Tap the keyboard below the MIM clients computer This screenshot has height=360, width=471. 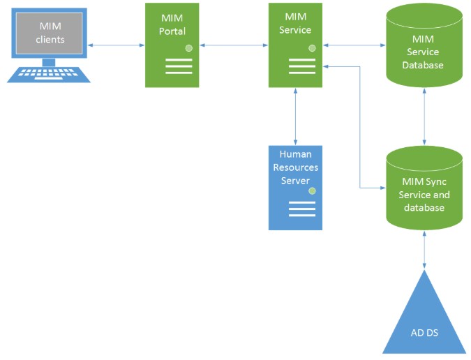49,74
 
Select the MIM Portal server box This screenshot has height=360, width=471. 172,45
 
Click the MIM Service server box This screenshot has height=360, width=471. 297,45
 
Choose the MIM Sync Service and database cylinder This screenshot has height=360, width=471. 424,189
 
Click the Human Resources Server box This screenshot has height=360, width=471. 296,187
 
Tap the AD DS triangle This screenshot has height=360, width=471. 424,317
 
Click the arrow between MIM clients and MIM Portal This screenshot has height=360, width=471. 117,47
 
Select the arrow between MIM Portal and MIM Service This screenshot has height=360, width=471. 234,47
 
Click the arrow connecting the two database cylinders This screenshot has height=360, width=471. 424,117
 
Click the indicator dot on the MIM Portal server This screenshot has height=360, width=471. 188,48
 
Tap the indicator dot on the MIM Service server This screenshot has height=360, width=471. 312,48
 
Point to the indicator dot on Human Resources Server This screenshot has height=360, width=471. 312,190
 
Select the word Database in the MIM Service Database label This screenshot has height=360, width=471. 424,66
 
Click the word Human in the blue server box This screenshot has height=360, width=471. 296,154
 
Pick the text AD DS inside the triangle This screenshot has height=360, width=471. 424,331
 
